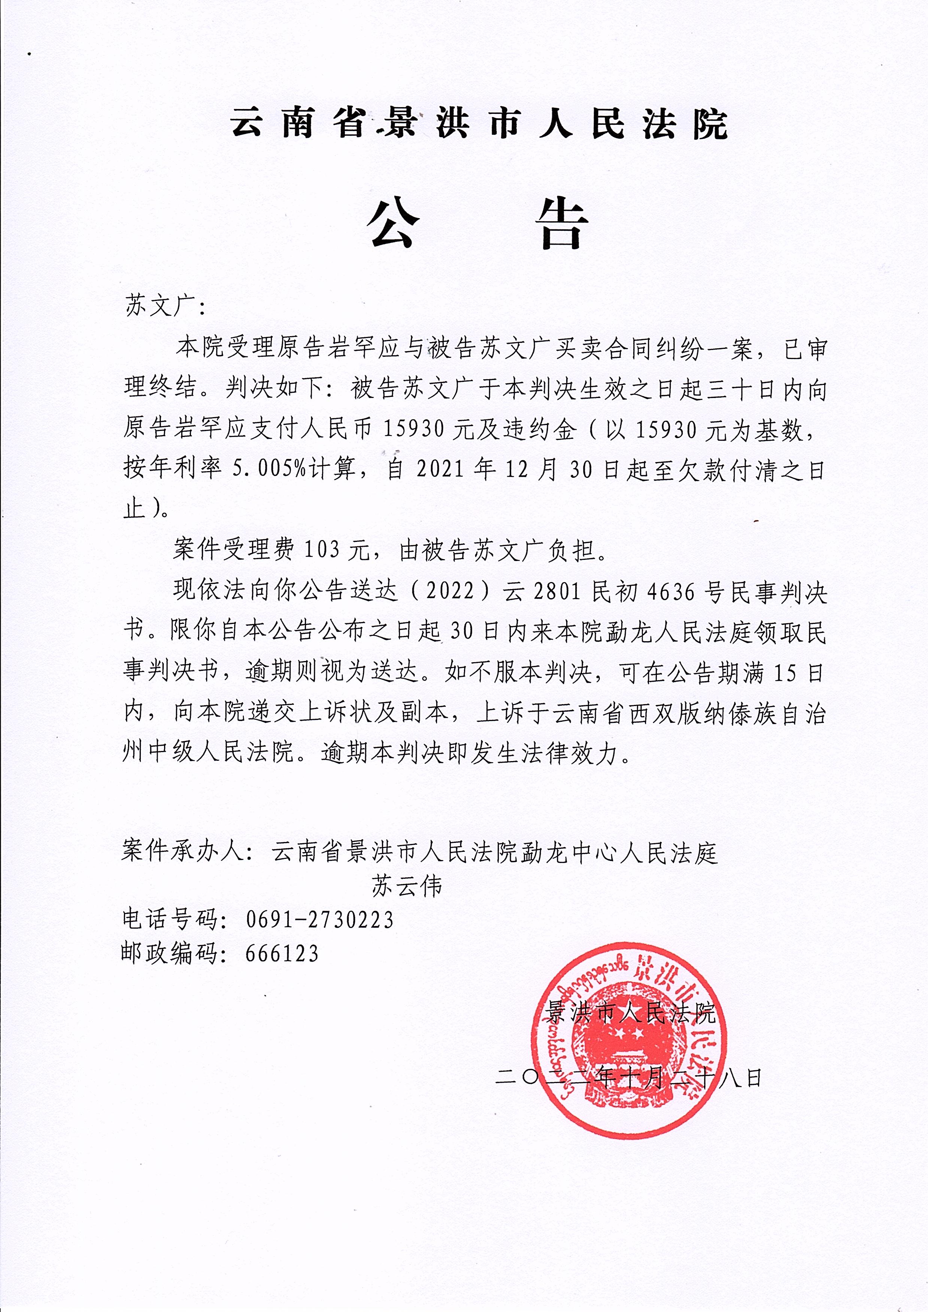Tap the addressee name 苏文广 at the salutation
coord(157,307)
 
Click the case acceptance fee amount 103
coord(323,550)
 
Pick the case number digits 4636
coord(670,592)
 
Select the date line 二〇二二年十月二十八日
coord(628,1078)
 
